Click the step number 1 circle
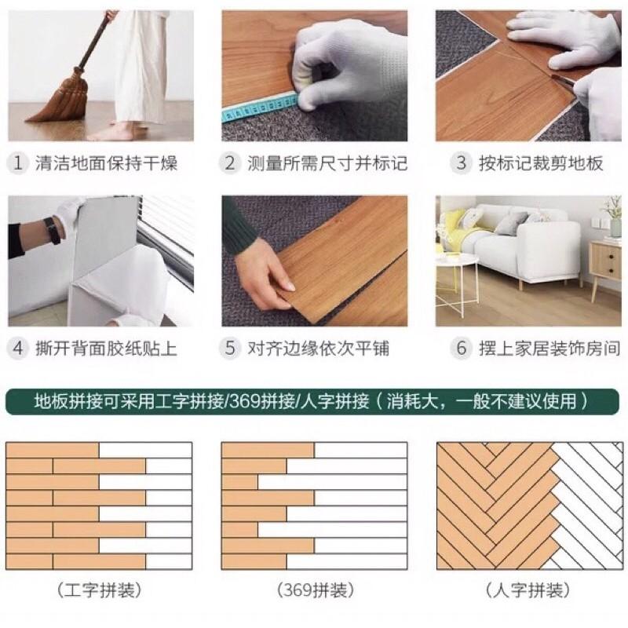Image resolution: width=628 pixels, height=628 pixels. click(x=17, y=163)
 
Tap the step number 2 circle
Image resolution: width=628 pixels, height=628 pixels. click(x=229, y=163)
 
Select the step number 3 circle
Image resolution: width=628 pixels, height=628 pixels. click(x=461, y=163)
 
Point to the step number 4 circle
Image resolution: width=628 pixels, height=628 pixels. click(x=17, y=348)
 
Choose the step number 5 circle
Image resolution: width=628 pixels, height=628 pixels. click(x=229, y=348)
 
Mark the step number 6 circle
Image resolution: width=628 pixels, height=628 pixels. click(x=461, y=348)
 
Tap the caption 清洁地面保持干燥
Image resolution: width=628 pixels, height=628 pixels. click(x=106, y=163)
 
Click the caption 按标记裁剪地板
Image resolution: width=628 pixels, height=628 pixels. click(x=541, y=163)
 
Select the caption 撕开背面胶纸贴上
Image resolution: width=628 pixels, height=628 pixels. click(x=106, y=348)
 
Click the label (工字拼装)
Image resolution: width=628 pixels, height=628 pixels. click(x=99, y=590)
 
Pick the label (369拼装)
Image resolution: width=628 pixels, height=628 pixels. click(x=315, y=590)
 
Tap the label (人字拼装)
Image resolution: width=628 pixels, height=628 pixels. click(x=527, y=590)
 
